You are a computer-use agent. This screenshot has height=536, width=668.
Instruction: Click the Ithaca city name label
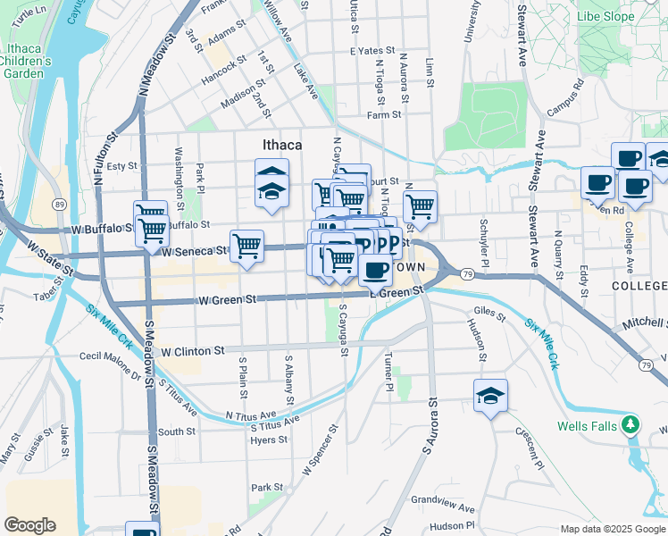281,144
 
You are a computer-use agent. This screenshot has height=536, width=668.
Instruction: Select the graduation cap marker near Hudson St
490,396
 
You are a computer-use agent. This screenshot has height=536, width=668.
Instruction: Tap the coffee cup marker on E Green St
376,269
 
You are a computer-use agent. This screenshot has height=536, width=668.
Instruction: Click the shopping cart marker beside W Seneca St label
246,246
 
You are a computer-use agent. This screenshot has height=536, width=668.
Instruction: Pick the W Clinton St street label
192,353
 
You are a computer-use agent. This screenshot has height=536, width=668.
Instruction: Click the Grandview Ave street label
443,503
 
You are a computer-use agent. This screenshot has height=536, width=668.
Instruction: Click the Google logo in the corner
30,524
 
